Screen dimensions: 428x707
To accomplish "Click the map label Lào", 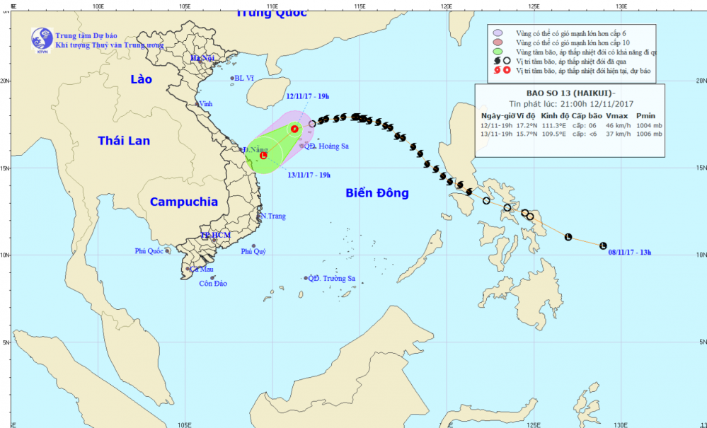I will (141, 80).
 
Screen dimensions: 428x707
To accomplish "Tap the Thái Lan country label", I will (124, 141).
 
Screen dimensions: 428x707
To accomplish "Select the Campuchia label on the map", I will (184, 202).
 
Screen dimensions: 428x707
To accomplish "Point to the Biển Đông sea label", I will (377, 192).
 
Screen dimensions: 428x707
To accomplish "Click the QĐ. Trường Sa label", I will (331, 279).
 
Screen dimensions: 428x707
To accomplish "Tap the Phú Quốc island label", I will (149, 251).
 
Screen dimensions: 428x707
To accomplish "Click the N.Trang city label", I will (272, 216).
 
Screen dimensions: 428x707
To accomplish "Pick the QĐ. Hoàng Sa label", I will (327, 146).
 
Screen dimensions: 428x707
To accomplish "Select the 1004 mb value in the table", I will (648, 124).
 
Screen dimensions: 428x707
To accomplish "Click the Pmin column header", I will (646, 115).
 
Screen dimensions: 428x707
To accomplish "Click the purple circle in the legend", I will (498, 33).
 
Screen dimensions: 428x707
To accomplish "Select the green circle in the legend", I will (498, 52).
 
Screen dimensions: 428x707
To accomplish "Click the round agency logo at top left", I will (41, 40).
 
